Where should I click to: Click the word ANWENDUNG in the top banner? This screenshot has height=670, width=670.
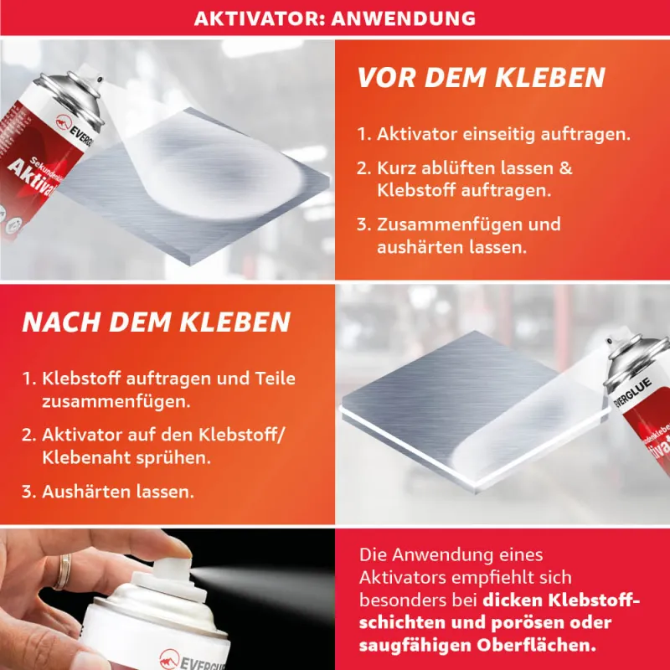tap(403, 18)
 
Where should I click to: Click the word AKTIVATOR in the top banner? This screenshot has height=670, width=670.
tap(260, 18)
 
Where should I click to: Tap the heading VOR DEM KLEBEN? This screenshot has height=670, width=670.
tap(481, 77)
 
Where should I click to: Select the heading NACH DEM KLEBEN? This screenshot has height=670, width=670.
tap(157, 322)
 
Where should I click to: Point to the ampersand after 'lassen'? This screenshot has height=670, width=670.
tap(565, 167)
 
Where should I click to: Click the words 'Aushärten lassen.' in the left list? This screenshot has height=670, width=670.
tap(118, 492)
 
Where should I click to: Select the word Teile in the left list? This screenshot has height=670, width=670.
tap(276, 379)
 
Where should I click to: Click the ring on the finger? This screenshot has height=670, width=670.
tap(64, 571)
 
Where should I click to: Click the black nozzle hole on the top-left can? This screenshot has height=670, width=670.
tap(100, 80)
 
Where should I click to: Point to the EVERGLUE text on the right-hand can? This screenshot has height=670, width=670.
tap(632, 392)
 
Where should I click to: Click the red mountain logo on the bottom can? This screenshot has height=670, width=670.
tap(170, 658)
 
